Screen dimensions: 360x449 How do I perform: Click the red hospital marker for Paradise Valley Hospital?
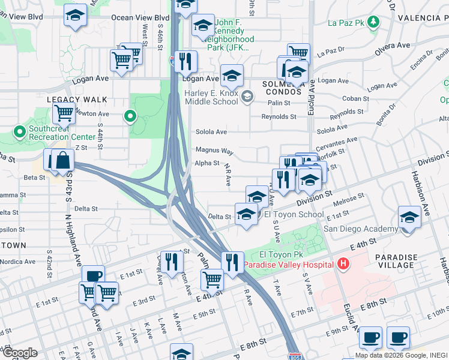pyautogui.click(x=343, y=263)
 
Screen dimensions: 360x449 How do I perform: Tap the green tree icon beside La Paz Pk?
pyautogui.click(x=374, y=23)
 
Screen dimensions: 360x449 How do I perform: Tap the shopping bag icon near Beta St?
pyautogui.click(x=62, y=160)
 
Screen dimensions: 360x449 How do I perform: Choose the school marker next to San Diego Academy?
pyautogui.click(x=409, y=217)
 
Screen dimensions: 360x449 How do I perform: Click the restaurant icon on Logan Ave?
pyautogui.click(x=186, y=61)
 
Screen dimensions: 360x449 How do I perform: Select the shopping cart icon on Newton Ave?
pyautogui.click(x=63, y=112)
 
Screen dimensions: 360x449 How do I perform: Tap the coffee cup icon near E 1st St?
pyautogui.click(x=93, y=276)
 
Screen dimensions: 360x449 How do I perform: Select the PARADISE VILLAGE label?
pyautogui.click(x=396, y=261)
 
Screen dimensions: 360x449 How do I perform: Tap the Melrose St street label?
pyautogui.click(x=352, y=197)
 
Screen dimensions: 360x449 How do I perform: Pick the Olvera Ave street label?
pyautogui.click(x=393, y=46)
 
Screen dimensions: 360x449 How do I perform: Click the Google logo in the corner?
pyautogui.click(x=20, y=352)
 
